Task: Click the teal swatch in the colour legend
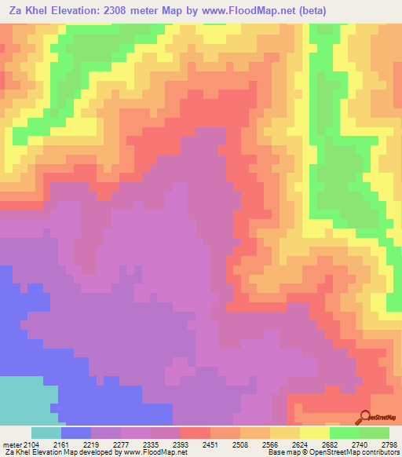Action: [x=46, y=433]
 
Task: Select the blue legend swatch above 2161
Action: [x=76, y=433]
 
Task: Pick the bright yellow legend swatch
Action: [x=315, y=433]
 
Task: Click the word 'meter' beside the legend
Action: [x=9, y=444]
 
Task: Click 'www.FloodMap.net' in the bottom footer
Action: [x=150, y=453]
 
